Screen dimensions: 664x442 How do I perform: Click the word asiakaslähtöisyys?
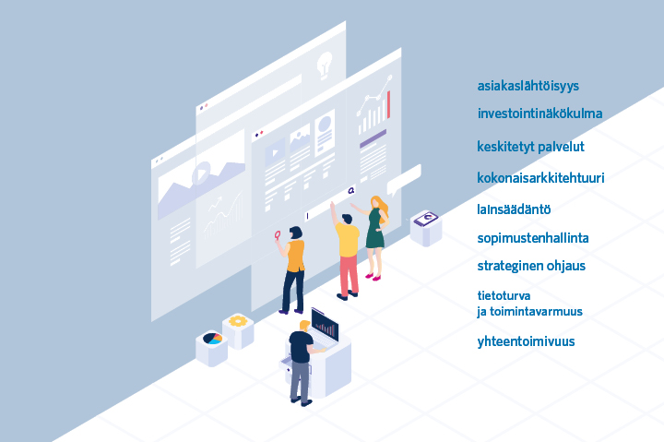pyautogui.click(x=528, y=86)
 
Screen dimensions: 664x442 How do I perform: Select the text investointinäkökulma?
pyautogui.click(x=539, y=113)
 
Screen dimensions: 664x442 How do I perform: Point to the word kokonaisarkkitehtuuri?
pyautogui.click(x=540, y=177)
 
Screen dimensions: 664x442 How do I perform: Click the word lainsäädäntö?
pyautogui.click(x=514, y=209)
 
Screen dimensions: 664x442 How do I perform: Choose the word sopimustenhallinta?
pyautogui.click(x=533, y=238)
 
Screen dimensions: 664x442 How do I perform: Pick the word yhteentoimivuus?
pyautogui.click(x=526, y=341)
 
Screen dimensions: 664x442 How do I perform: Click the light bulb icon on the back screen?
pyautogui.click(x=325, y=66)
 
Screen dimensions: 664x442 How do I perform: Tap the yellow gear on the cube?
pyautogui.click(x=238, y=321)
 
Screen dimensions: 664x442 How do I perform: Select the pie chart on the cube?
pyautogui.click(x=212, y=338)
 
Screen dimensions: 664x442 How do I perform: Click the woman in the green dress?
pyautogui.click(x=375, y=237)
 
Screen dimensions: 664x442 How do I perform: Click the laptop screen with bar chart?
pyautogui.click(x=325, y=325)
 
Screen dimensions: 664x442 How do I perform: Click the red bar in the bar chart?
pyautogui.click(x=389, y=104)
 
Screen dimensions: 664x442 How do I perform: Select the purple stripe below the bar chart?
pyautogui.click(x=373, y=138)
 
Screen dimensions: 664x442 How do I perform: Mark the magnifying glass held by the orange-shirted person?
pyautogui.click(x=278, y=235)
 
